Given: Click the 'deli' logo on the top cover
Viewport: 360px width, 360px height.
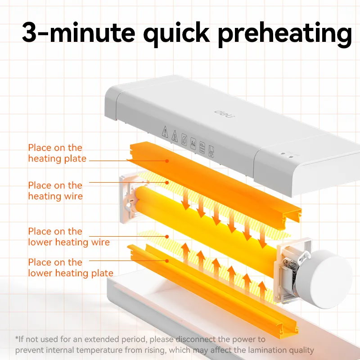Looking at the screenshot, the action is coord(224,114).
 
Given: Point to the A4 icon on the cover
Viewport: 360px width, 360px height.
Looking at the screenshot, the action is coord(193,144).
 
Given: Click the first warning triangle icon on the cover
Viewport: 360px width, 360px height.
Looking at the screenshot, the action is coord(165,131).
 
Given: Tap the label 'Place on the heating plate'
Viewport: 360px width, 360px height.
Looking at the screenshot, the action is coord(57,153).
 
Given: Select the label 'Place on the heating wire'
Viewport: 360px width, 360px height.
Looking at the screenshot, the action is coord(55,190).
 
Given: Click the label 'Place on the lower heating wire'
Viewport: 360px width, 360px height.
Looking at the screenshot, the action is coord(69,237).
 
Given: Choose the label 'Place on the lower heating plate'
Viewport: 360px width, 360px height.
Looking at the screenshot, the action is coord(71,267).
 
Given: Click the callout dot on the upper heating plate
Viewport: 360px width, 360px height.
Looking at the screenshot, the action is coord(167,161).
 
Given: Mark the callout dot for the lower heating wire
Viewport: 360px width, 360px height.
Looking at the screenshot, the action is coord(167,237).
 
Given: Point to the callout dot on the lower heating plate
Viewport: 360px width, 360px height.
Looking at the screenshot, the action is coord(167,261).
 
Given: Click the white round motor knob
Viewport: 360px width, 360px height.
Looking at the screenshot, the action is coord(324,279).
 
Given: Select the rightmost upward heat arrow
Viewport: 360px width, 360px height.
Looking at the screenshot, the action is coord(262,290).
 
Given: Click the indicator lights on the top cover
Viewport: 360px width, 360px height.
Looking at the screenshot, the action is coord(287,155).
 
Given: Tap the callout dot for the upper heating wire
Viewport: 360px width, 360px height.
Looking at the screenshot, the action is coord(167,183).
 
